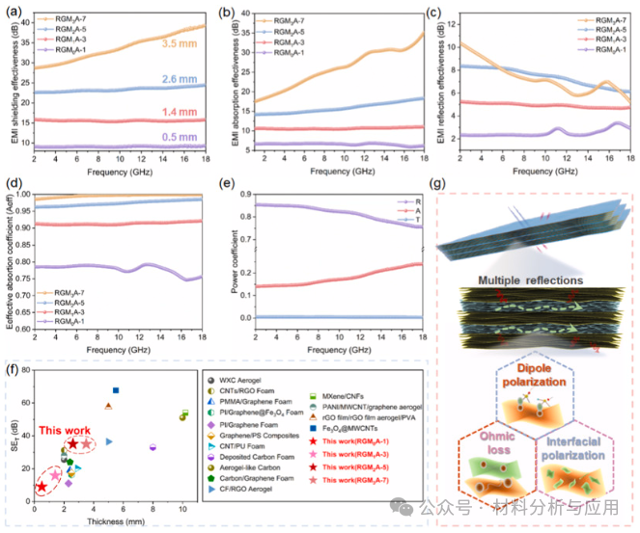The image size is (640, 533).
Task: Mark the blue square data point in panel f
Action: pos(116,390)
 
